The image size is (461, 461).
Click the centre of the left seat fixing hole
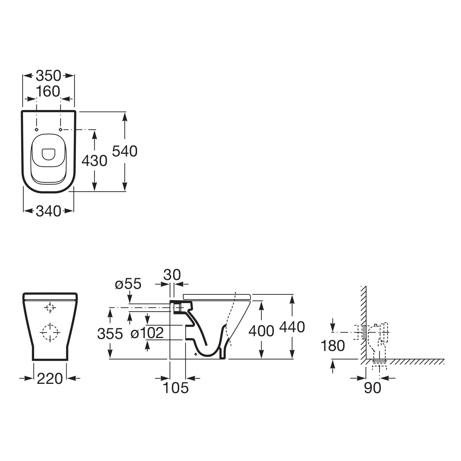[37, 129]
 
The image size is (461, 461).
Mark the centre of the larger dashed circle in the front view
[50, 332]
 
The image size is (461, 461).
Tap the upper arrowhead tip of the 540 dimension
[124, 112]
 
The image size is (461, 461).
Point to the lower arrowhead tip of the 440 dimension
[292, 359]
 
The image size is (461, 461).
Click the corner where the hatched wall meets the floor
[366, 359]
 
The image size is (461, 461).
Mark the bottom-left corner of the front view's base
[32, 360]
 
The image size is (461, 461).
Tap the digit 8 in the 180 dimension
[333, 346]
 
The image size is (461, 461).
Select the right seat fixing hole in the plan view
[61, 129]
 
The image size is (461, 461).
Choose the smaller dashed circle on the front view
[50, 307]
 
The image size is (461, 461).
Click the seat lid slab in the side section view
[217, 297]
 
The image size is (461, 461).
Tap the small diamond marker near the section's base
[196, 354]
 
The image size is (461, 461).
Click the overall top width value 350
[49, 76]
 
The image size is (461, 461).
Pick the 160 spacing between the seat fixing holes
[48, 91]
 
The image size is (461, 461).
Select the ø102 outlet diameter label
[147, 333]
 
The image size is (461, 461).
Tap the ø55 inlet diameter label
[128, 284]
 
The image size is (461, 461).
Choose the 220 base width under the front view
[50, 379]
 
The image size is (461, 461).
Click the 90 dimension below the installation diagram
[372, 388]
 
